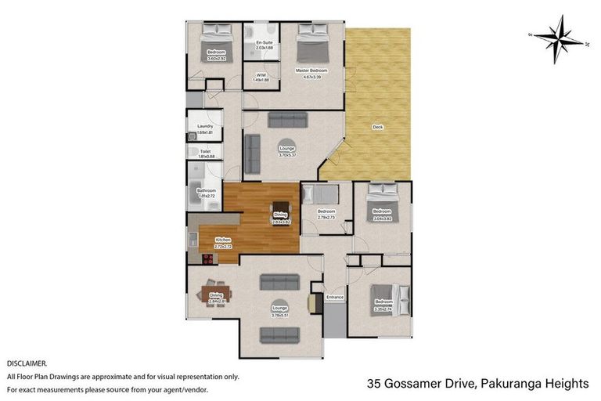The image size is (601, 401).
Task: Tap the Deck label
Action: [377, 126]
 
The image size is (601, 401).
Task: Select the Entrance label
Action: [335, 297]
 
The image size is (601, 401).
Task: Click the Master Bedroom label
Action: [311, 70]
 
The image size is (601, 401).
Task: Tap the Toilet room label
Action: [205, 151]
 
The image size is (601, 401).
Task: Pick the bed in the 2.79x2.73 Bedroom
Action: [319, 193]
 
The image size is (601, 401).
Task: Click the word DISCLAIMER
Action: [27, 364]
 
